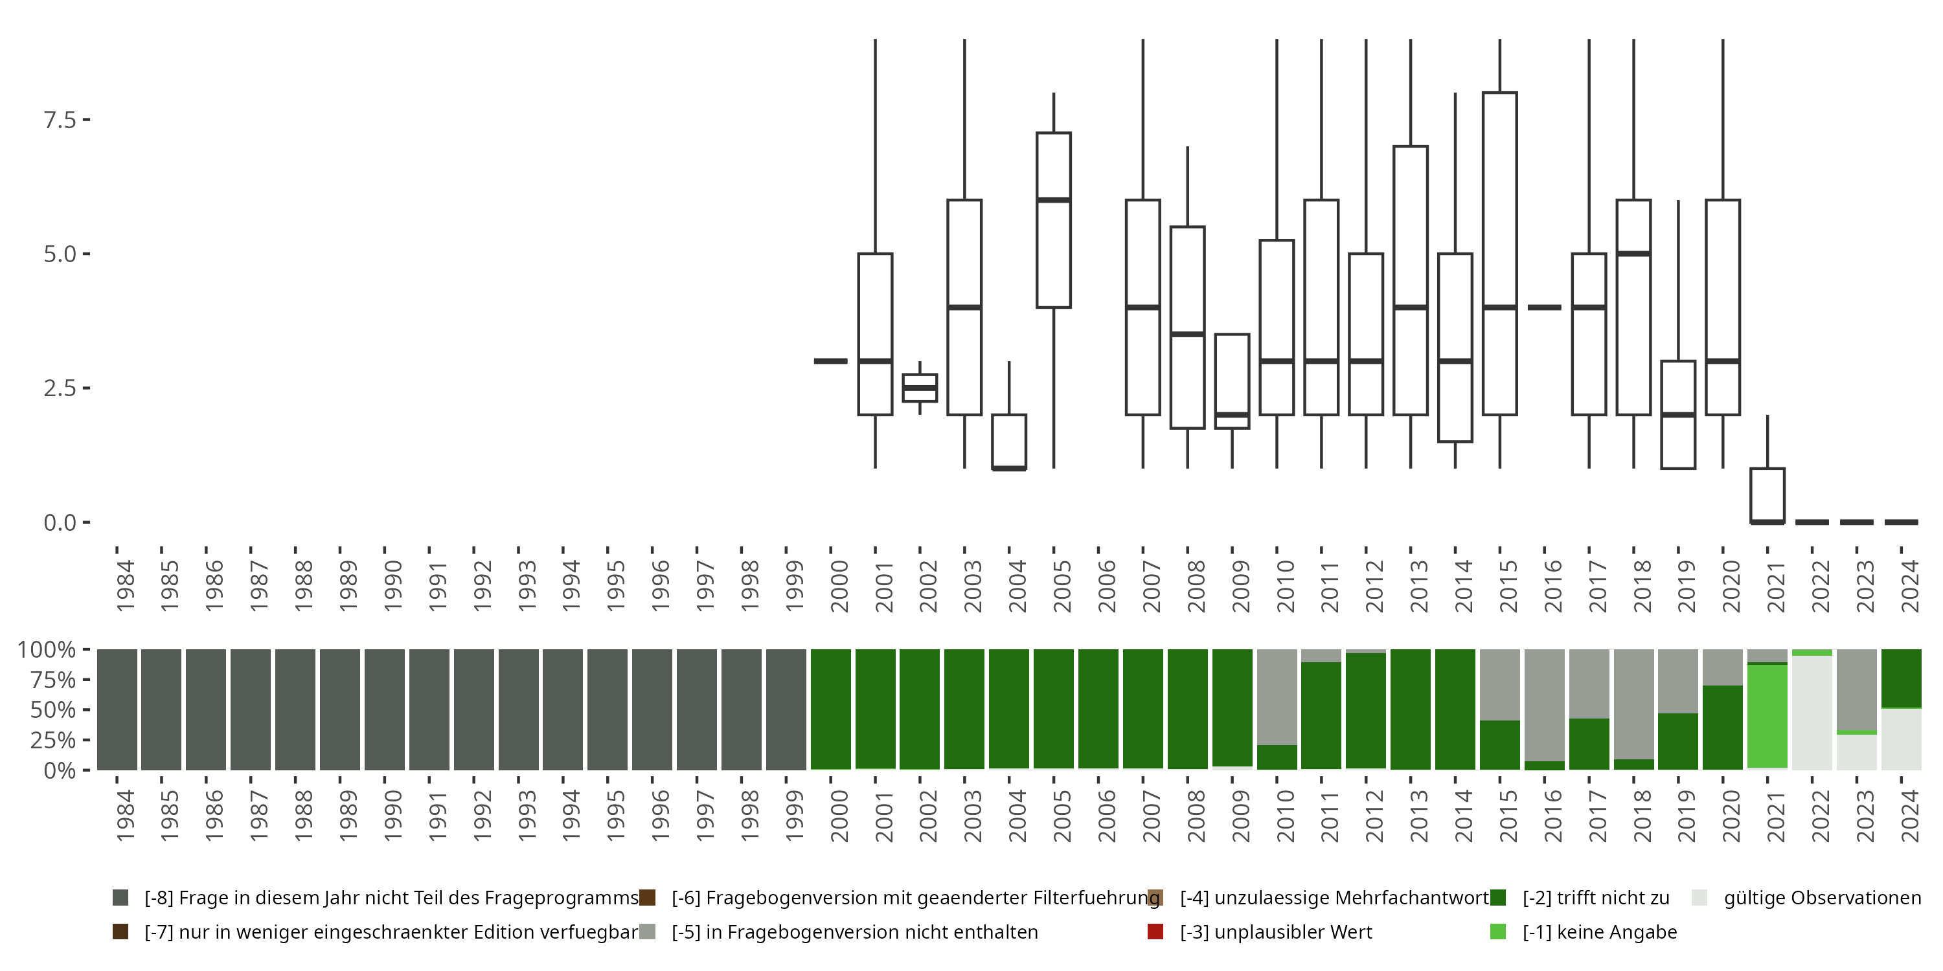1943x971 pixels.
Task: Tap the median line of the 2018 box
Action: click(1634, 253)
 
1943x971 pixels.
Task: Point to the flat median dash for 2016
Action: click(1544, 307)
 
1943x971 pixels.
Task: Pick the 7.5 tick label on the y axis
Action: click(60, 120)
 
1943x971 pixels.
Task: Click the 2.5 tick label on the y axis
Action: click(60, 388)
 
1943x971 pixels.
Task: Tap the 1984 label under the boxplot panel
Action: click(125, 585)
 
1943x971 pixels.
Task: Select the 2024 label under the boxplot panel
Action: click(1911, 585)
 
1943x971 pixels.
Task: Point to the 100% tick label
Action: click(47, 650)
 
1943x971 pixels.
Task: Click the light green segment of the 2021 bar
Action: click(1767, 716)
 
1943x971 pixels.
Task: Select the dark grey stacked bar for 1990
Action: click(385, 709)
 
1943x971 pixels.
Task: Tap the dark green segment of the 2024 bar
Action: click(1902, 678)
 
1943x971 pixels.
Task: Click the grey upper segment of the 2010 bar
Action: click(1277, 697)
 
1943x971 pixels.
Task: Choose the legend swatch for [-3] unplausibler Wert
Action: click(1155, 932)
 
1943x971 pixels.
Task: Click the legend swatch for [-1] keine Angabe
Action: click(1498, 932)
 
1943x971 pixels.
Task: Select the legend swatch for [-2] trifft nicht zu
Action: click(1498, 898)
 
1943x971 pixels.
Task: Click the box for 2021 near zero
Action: click(1767, 495)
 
